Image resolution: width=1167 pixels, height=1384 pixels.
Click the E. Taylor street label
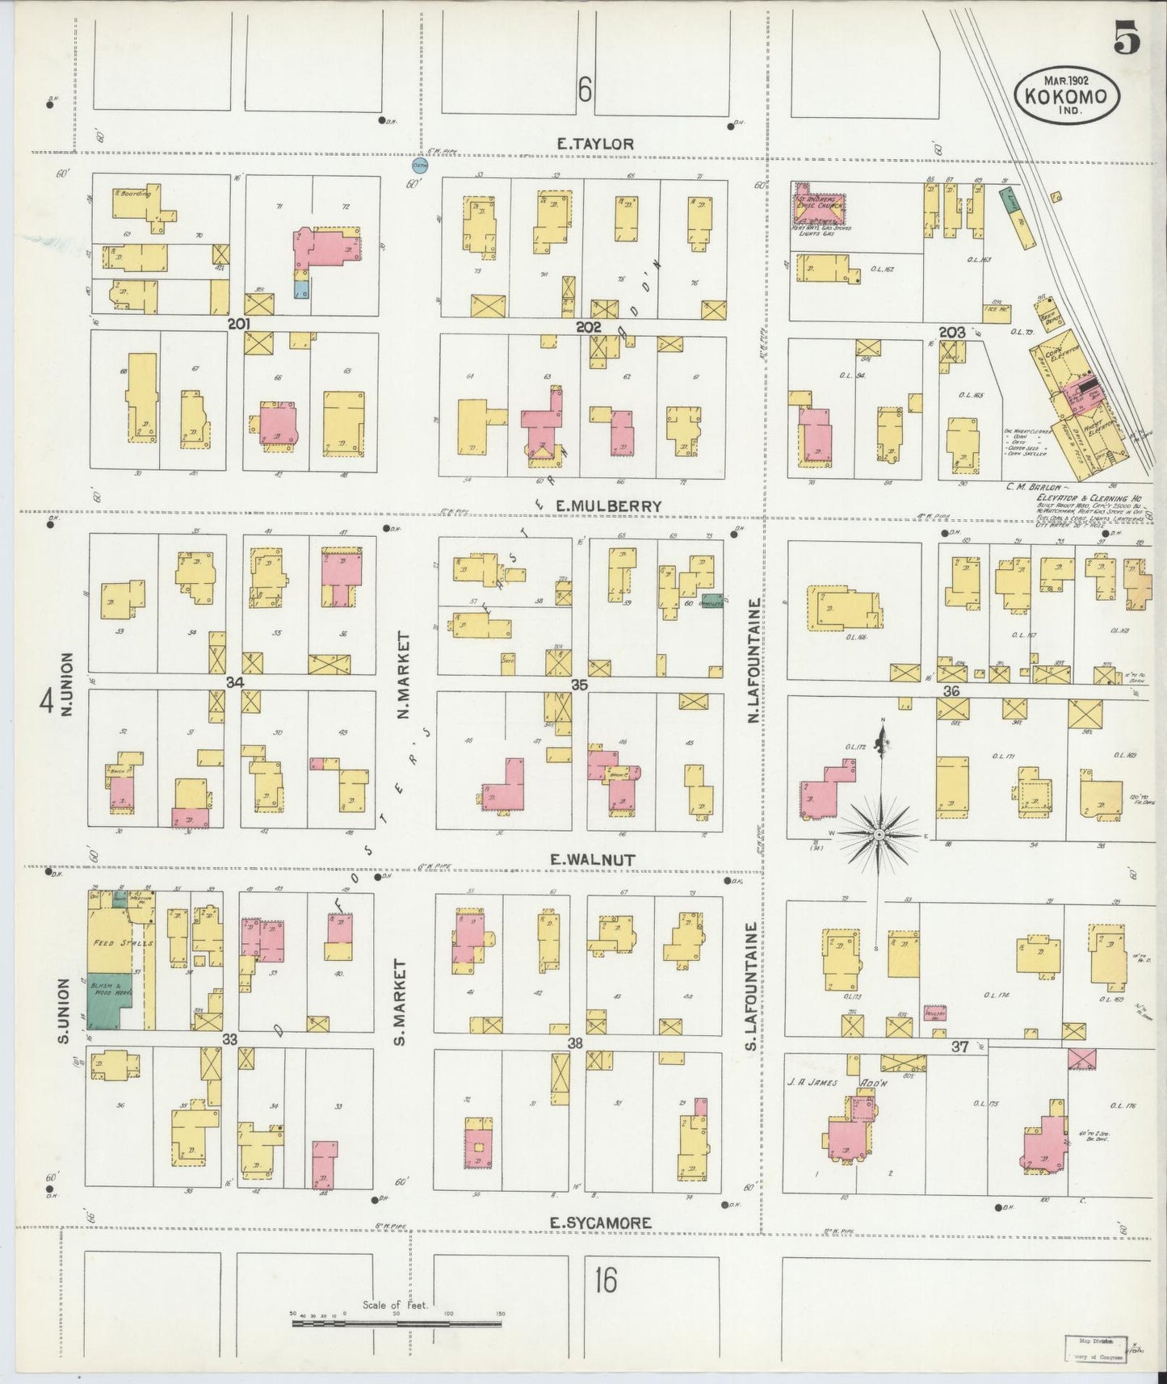pyautogui.click(x=594, y=144)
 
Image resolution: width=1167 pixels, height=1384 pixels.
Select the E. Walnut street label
pyautogui.click(x=593, y=861)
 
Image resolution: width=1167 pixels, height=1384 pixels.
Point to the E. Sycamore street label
pyautogui.click(x=599, y=1223)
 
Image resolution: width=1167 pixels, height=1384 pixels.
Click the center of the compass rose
pyautogui.click(x=879, y=833)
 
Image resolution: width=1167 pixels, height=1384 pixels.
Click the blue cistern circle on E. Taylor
pyautogui.click(x=419, y=165)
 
